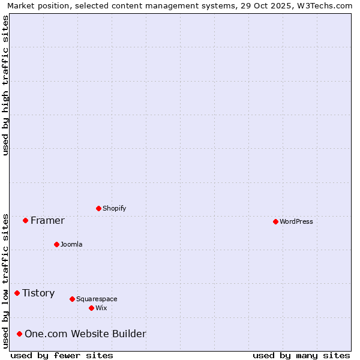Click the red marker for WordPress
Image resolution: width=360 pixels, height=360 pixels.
pos(275,221)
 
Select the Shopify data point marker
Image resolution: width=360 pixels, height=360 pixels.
pos(98,208)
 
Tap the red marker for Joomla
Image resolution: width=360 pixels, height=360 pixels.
pos(56,244)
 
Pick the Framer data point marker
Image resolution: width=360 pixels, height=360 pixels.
pos(25,220)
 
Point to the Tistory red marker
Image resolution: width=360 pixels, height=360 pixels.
pos(17,293)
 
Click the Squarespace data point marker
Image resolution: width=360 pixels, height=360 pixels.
pos(72,299)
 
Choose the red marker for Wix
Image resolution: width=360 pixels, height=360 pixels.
pos(91,308)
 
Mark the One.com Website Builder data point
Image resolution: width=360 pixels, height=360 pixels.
pos(19,334)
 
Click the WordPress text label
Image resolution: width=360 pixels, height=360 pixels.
pos(296,221)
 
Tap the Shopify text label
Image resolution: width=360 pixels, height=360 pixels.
pos(114,208)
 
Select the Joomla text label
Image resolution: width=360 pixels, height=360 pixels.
pos(71,244)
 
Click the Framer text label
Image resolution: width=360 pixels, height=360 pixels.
pos(47,220)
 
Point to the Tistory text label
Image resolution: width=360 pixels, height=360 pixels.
pos(38,293)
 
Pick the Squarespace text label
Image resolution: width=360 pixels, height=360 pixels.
pos(97,299)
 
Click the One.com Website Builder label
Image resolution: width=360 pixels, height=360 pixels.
pos(85,334)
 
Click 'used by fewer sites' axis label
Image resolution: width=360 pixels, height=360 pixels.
pos(62,355)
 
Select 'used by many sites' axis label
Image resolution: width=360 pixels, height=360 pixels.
pos(301,355)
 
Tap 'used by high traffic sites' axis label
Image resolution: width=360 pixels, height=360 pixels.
pos(5,85)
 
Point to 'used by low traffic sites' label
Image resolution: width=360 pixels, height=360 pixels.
pos(5,280)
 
